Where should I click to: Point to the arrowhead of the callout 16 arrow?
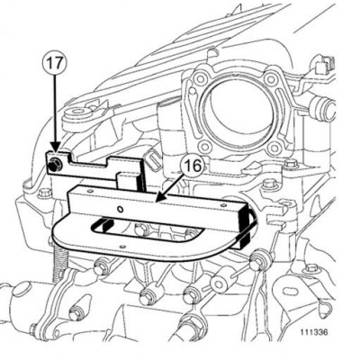click(157, 198)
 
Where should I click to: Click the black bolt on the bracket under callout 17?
click(57, 163)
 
